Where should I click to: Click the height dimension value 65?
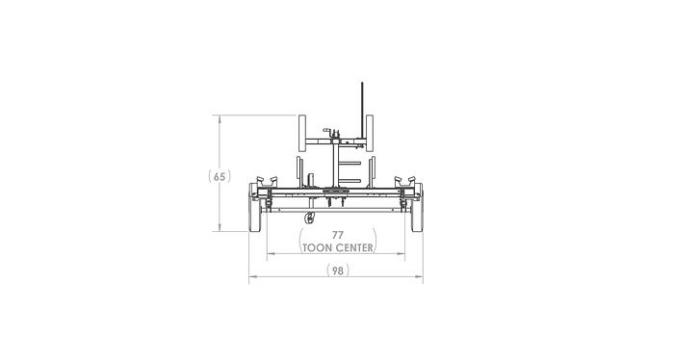coord(220,176)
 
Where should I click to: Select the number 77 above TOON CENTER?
coord(337,234)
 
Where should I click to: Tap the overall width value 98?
coord(337,270)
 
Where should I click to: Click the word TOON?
coord(316,246)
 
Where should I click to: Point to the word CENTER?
coord(352,246)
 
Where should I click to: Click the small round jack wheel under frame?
coord(309,220)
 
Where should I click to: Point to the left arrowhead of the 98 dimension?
coord(252,277)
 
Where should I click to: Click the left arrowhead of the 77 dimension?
coord(270,254)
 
